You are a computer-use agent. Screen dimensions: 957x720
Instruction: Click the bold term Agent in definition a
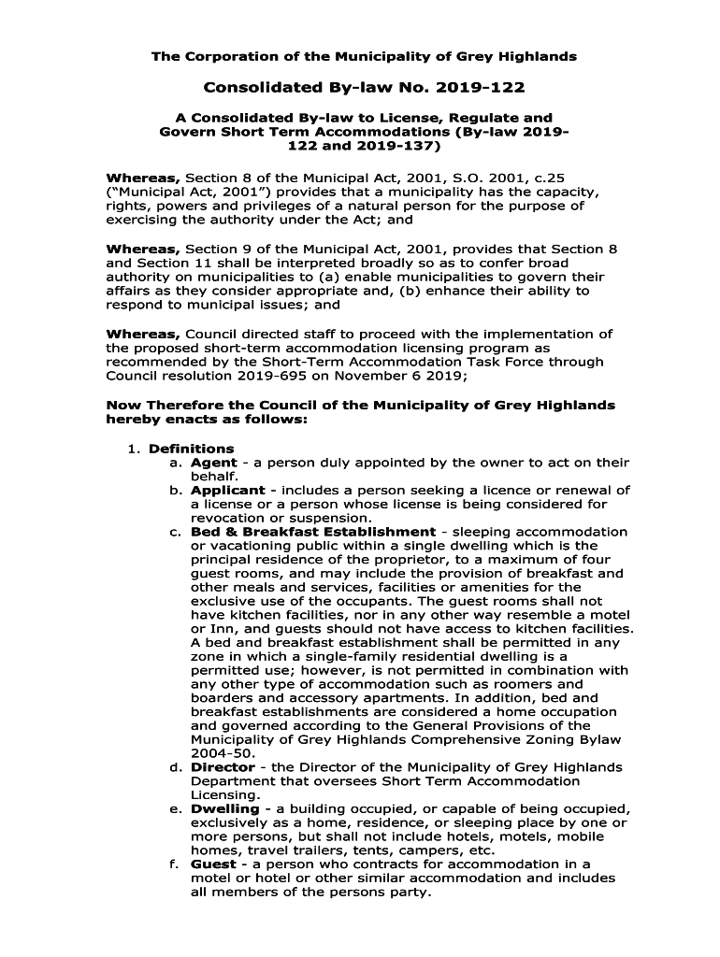point(213,463)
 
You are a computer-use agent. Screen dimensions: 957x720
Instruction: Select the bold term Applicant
point(229,490)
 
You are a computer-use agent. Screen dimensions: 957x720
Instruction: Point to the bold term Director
point(223,767)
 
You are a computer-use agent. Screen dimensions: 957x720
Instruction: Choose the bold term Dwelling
point(225,808)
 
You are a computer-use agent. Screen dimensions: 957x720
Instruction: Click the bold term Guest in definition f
point(213,864)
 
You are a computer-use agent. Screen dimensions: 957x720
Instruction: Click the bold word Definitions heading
point(192,449)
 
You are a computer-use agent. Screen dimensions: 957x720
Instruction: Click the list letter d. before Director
point(175,767)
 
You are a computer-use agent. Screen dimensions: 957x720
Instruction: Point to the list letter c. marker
point(175,532)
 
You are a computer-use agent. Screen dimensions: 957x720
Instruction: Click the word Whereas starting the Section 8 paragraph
point(143,178)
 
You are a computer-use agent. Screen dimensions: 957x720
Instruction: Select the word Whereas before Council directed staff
point(143,334)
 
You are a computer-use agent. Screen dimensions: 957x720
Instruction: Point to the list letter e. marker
point(175,808)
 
